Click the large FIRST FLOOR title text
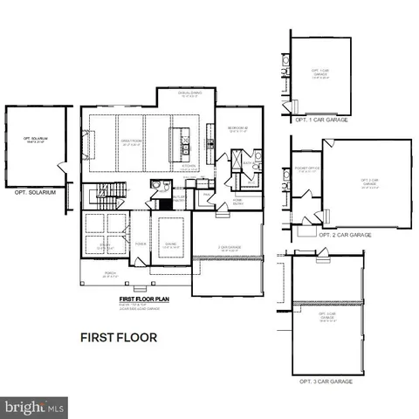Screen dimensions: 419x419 coord(119,336)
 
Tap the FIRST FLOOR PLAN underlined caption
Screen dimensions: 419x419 coord(144,299)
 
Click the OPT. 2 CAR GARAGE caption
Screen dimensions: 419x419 coord(345,235)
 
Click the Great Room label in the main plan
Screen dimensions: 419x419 coord(131,144)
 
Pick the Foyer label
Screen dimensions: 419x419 coord(140,244)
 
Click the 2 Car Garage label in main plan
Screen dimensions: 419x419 coord(229,247)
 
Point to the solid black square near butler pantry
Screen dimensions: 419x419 coord(163,204)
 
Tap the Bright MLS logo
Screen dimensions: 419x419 coord(35,407)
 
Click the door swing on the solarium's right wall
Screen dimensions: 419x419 coord(59,166)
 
